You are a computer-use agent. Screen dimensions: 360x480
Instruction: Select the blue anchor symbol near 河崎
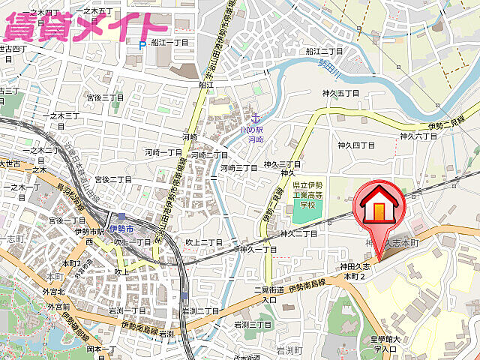[x=255, y=118]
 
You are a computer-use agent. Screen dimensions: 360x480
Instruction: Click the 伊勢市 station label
[x=120, y=229]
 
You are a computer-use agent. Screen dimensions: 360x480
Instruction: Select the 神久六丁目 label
[x=418, y=136]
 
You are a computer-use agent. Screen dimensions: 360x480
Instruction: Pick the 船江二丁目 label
[x=324, y=52]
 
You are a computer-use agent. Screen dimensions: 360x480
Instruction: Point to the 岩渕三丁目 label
[x=252, y=325]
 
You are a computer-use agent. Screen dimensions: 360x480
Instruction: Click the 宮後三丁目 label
[x=104, y=97]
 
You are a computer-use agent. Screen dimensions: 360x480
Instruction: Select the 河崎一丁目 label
[x=163, y=152]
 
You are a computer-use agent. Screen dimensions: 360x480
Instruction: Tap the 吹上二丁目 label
[x=203, y=242]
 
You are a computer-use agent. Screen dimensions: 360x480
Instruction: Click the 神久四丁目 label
[x=355, y=145]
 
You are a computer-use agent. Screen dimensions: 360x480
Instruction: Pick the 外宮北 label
[x=54, y=291]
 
